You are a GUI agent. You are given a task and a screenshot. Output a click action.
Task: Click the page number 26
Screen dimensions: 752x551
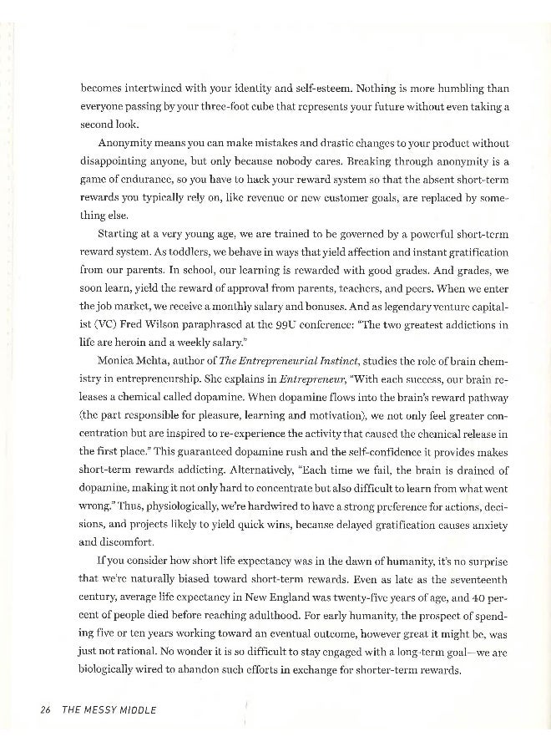(x=46, y=710)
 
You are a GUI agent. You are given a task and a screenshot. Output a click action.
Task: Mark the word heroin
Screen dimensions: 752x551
(x=135, y=342)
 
